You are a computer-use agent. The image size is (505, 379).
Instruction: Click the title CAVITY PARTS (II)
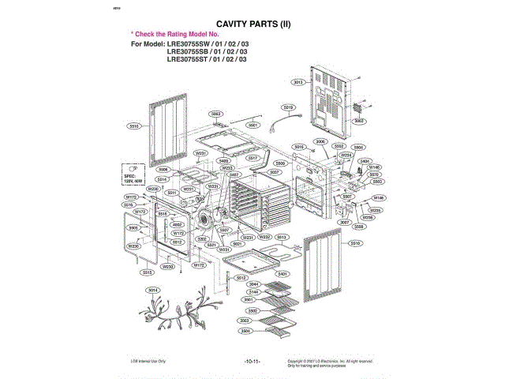tap(253, 24)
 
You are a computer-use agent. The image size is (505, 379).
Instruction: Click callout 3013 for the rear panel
tap(298, 82)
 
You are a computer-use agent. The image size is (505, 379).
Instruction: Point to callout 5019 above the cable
tap(288, 107)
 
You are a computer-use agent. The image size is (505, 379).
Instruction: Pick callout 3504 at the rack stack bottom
tap(245, 331)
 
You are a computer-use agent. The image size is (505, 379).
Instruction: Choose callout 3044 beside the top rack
tap(254, 283)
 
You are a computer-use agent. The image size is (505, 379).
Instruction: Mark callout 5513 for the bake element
tap(282, 236)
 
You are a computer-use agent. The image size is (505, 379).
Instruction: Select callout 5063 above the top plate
tap(215, 114)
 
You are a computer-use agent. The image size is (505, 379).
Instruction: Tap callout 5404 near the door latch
tap(365, 161)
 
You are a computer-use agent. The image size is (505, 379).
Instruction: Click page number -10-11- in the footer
tap(252, 361)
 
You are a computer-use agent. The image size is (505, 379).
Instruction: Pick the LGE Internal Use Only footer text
tap(147, 361)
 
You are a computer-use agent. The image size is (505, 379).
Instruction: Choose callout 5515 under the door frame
tap(148, 272)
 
